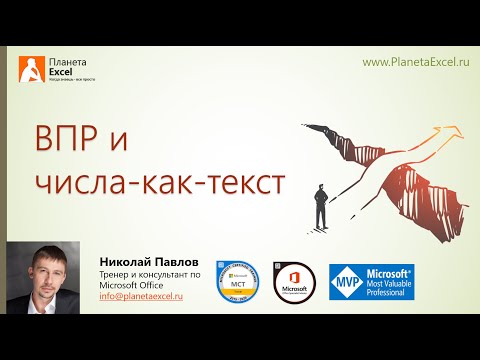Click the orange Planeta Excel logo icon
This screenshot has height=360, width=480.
[x=31, y=71]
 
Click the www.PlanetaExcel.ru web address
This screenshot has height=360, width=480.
[x=415, y=62]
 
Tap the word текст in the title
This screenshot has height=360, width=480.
[x=243, y=183]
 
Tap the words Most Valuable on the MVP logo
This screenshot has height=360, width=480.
[x=390, y=285]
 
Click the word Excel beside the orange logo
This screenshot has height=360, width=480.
[x=61, y=72]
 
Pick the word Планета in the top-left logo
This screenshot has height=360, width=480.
[x=66, y=61]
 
